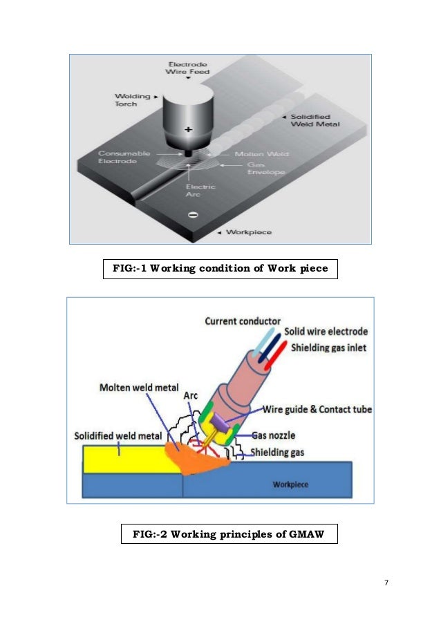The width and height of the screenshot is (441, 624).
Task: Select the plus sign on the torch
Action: click(x=189, y=130)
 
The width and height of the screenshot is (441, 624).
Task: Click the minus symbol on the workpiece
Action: click(x=191, y=215)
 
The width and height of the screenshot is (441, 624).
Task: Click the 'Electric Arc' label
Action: click(x=202, y=191)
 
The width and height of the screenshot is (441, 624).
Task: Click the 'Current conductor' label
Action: click(x=243, y=321)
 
